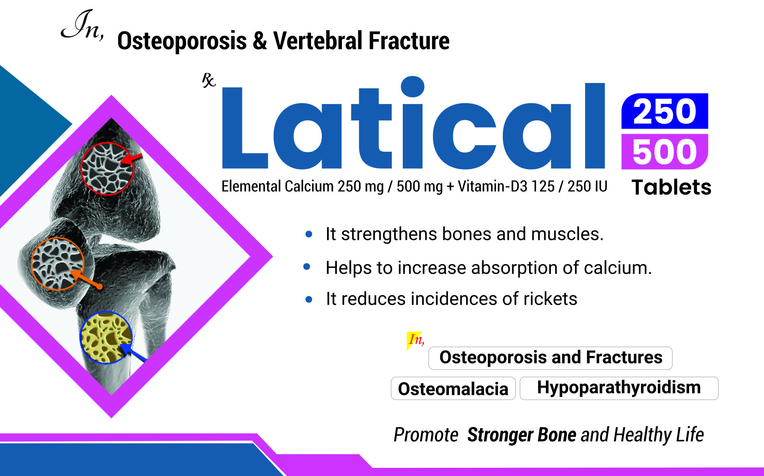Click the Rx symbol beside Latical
[209, 80]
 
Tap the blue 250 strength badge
[664, 111]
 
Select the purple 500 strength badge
[664, 151]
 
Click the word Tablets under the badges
[671, 187]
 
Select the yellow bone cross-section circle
[106, 338]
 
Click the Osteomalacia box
[453, 388]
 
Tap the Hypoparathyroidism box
[619, 388]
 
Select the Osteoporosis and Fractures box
[550, 358]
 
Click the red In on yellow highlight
[416, 340]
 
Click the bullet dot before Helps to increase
[307, 267]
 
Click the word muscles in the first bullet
[567, 234]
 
